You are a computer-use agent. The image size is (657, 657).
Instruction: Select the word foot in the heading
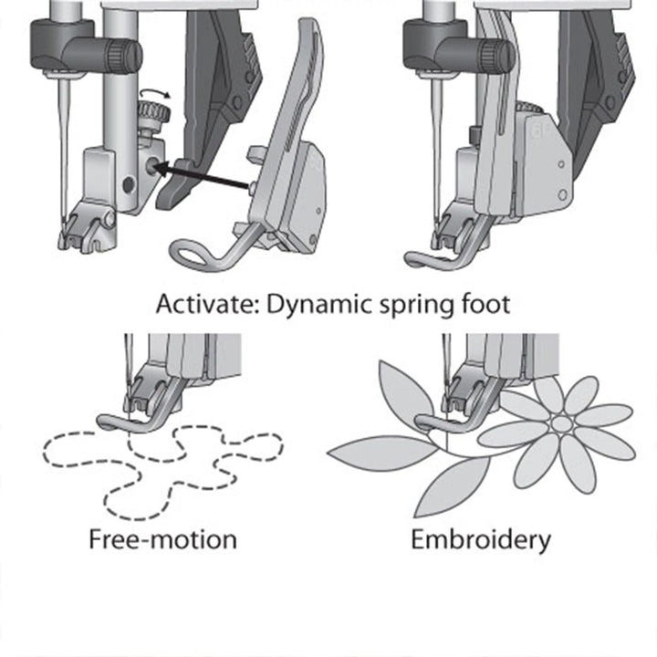click(484, 304)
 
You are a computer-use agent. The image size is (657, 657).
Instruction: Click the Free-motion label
click(162, 539)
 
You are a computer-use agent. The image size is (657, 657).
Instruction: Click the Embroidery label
click(481, 539)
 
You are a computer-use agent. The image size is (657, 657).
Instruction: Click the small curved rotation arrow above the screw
click(151, 95)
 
